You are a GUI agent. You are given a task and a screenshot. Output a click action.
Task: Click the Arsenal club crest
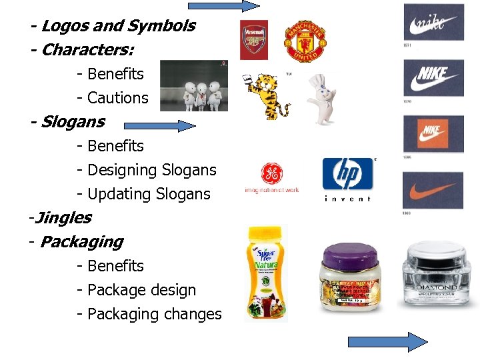point(254,40)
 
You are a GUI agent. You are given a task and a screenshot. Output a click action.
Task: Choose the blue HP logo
point(347,175)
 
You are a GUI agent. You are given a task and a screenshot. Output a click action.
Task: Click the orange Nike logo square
point(433,134)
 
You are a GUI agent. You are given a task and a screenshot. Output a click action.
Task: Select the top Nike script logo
point(433,23)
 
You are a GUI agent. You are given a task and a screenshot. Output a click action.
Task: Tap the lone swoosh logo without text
point(433,190)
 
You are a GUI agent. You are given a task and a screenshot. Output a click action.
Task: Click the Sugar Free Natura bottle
point(267,274)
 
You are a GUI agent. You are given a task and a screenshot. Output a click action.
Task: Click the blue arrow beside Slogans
point(161,125)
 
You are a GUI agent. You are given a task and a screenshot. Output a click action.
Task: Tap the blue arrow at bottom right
point(387,342)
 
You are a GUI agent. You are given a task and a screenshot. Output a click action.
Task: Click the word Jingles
point(63,217)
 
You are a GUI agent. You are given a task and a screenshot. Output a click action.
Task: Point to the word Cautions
point(118,98)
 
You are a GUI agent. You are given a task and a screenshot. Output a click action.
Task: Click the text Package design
point(141,290)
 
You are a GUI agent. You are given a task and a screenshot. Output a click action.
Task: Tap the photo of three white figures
point(193,85)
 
